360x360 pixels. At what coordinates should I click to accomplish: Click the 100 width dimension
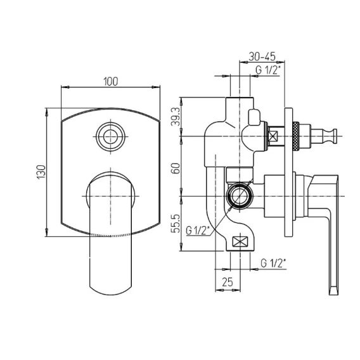point(111,82)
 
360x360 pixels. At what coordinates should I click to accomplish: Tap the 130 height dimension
point(41,172)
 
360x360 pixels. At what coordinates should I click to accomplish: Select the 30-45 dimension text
point(262,56)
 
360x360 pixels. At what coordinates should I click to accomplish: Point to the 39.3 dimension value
point(176,117)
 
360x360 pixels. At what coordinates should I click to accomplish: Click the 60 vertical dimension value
point(176,169)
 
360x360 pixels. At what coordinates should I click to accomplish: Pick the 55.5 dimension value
point(176,224)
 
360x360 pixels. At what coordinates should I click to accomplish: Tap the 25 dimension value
point(228,282)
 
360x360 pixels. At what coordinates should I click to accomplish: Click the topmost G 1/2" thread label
point(268,70)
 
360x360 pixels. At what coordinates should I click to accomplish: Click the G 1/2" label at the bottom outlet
point(273,263)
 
